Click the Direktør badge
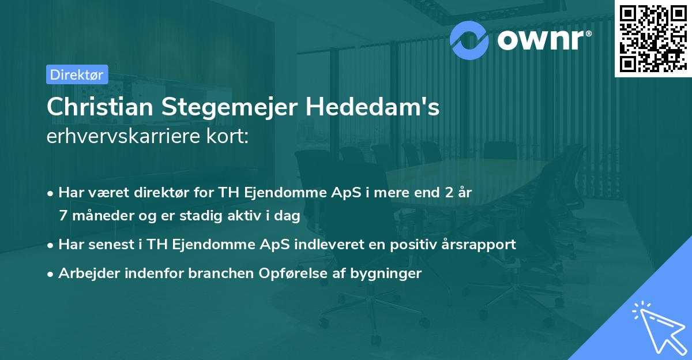click(77, 74)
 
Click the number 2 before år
click(448, 193)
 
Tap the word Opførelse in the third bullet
click(316, 273)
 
